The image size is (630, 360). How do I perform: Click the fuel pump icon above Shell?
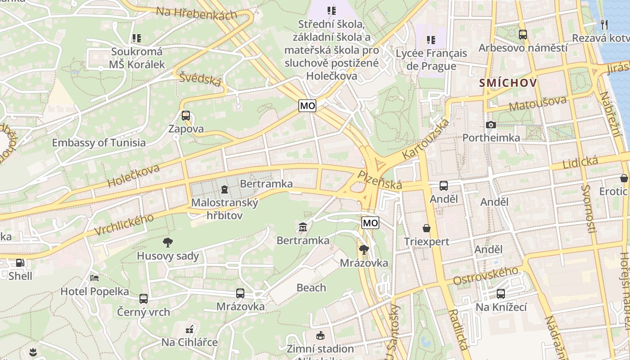coord(20,263)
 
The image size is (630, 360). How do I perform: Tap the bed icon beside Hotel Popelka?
coord(94,278)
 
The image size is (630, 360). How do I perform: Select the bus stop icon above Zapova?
coord(186,116)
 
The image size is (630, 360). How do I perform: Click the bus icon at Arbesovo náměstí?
coord(522,34)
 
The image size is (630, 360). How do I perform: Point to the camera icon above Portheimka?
coord(491,125)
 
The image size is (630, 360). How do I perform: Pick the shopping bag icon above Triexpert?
coord(427,228)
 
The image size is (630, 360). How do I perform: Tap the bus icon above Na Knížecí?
coord(500,294)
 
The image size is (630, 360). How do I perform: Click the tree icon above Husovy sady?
coord(168,243)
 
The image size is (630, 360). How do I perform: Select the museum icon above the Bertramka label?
coord(303,227)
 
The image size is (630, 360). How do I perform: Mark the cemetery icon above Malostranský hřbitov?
coord(225,189)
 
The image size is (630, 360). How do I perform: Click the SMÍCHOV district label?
coord(508,83)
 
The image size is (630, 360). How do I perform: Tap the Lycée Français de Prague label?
coord(425,59)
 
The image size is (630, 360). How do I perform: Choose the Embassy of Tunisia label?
coord(99,143)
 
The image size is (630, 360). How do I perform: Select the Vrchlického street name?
coord(124,225)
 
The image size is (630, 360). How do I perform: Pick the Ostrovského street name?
coord(486,275)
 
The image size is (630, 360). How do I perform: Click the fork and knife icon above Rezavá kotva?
coord(604,24)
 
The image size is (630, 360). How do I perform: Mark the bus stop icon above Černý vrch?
coord(144,298)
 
